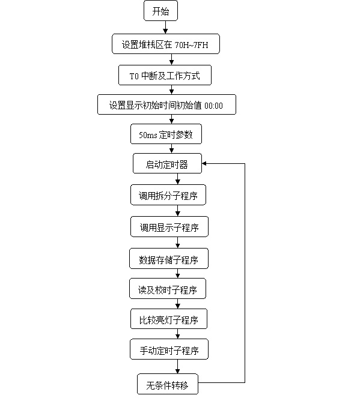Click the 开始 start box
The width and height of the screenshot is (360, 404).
[x=160, y=11]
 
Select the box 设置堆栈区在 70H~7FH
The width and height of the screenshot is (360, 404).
[x=165, y=44]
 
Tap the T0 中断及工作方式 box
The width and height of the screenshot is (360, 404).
[x=165, y=75]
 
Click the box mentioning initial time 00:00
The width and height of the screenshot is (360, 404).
[x=166, y=104]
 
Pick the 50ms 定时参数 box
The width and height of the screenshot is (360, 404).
[x=166, y=134]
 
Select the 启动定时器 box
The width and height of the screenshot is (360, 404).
[x=167, y=163]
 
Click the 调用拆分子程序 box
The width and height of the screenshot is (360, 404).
[x=168, y=194]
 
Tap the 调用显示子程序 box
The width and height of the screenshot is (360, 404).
[x=169, y=227]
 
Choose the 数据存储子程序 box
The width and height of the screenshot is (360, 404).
[x=169, y=258]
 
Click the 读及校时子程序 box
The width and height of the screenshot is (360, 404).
[x=168, y=289]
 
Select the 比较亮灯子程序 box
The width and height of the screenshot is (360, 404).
[x=169, y=319]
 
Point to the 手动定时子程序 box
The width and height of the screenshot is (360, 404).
[x=169, y=349]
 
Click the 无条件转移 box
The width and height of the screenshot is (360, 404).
[x=168, y=384]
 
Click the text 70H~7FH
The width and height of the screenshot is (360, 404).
[x=191, y=45]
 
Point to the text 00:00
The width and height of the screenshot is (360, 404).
[x=213, y=106]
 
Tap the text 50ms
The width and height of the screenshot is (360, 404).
[x=148, y=135]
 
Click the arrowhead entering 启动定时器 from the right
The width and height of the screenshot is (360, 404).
[x=204, y=163]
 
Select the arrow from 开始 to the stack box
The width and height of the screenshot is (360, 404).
[x=165, y=27]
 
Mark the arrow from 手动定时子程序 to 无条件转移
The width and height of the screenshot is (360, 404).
[x=178, y=367]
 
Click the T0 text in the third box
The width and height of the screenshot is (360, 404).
[x=134, y=76]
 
